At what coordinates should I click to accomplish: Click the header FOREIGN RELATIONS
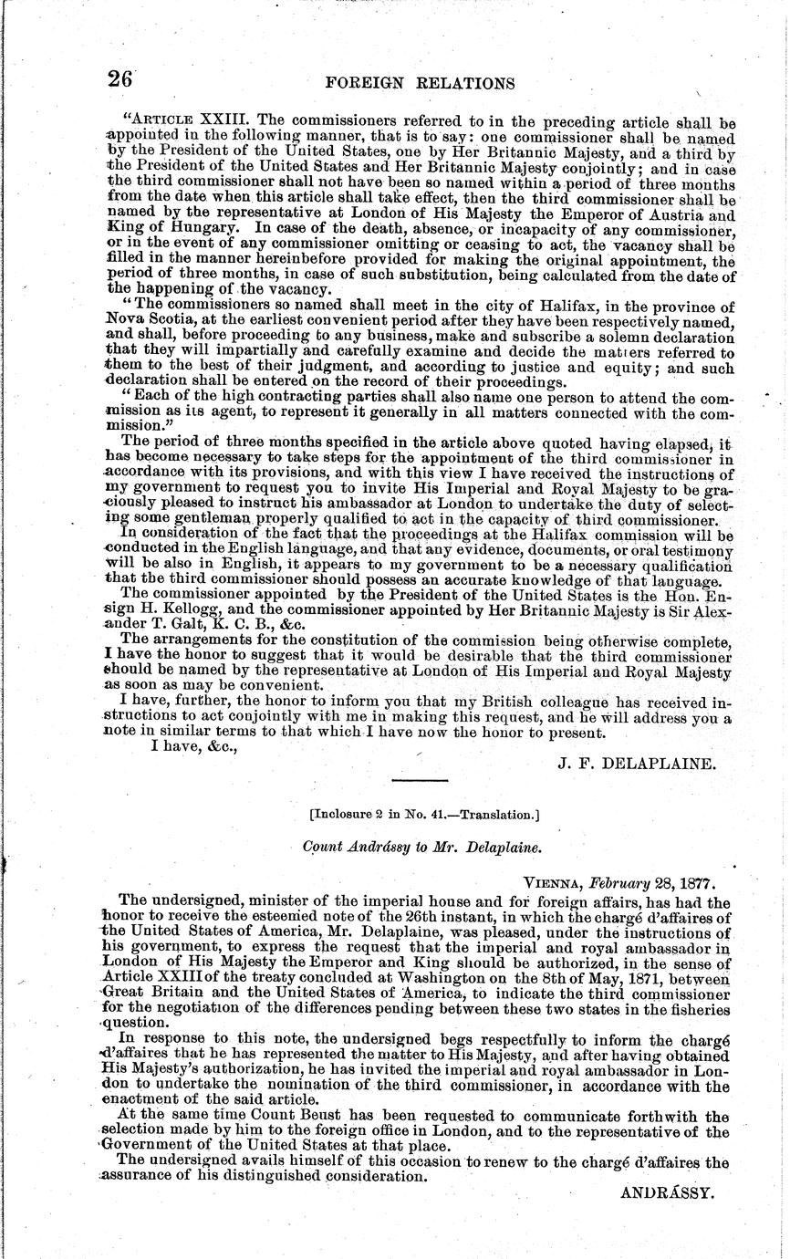(x=420, y=83)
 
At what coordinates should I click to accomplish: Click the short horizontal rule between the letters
(x=419, y=781)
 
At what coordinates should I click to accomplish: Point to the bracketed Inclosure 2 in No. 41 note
(x=420, y=817)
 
